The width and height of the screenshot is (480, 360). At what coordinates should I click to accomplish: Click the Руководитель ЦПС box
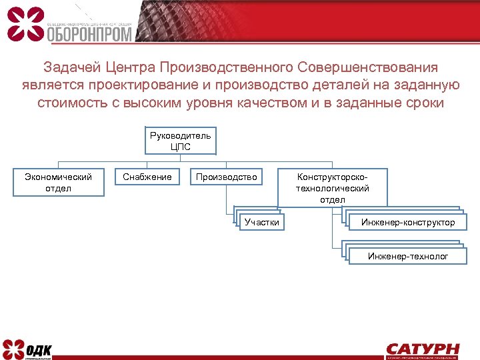click(x=180, y=141)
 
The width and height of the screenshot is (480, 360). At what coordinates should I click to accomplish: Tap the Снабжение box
click(x=147, y=177)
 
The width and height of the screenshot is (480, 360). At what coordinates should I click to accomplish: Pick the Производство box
click(x=226, y=177)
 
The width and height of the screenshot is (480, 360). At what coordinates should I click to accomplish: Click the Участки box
click(x=261, y=222)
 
